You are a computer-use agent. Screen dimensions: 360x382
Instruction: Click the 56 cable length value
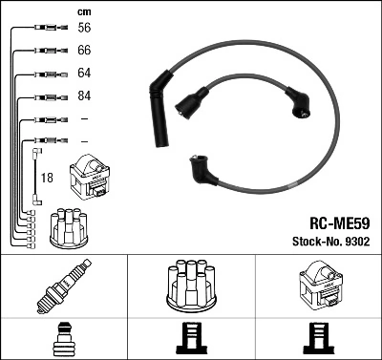[x=84, y=30]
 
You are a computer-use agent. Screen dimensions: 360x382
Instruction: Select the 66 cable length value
[x=84, y=51]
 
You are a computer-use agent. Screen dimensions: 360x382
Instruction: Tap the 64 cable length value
[x=84, y=74]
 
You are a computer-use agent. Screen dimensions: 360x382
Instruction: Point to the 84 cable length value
[x=84, y=95]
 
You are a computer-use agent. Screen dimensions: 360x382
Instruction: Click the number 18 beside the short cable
[x=47, y=178]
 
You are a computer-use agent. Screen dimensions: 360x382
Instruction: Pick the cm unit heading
[x=83, y=11]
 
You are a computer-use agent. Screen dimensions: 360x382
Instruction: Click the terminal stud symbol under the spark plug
[x=62, y=340]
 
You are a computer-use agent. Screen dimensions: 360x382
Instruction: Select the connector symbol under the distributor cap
[x=190, y=340]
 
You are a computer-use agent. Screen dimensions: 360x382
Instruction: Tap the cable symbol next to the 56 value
[x=47, y=30]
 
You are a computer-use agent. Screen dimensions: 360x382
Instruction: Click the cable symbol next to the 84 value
[x=47, y=96]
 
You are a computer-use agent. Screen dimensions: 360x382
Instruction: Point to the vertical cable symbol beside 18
[x=36, y=176]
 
